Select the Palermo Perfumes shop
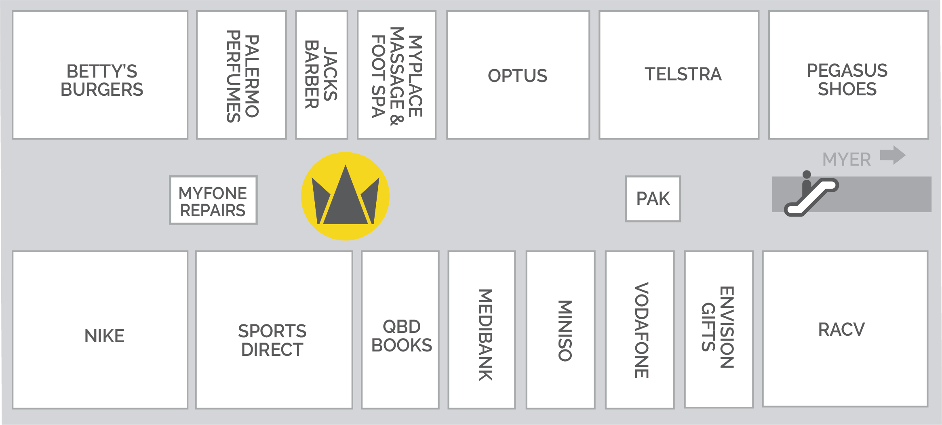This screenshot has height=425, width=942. click(x=242, y=75)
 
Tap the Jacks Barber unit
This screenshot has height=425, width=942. click(x=322, y=75)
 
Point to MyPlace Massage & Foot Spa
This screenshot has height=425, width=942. click(x=397, y=75)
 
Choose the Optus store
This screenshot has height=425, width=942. click(x=518, y=75)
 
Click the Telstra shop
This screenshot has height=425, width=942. click(x=679, y=75)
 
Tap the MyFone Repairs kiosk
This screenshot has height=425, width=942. click(x=213, y=200)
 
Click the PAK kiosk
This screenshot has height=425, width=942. click(x=653, y=199)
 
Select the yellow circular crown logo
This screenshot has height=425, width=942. click(x=345, y=196)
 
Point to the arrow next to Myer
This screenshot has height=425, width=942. click(x=893, y=155)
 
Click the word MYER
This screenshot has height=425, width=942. click(x=847, y=160)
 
